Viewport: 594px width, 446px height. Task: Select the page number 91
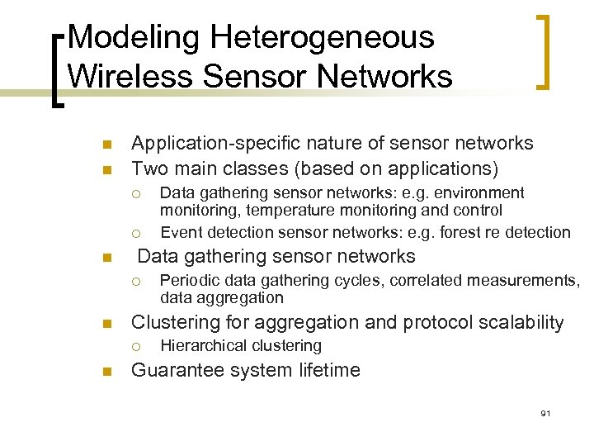pyautogui.click(x=545, y=413)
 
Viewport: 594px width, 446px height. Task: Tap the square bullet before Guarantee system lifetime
pyautogui.click(x=107, y=371)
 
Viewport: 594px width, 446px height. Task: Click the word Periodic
pyautogui.click(x=189, y=280)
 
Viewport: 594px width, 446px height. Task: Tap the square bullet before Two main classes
pyautogui.click(x=107, y=169)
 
